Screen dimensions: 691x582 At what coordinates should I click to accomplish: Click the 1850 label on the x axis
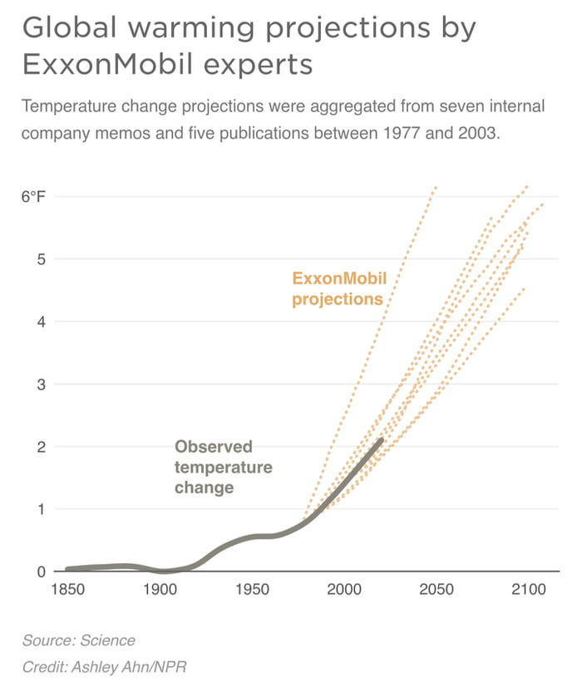pyautogui.click(x=67, y=590)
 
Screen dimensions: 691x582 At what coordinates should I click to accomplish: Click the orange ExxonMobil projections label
pyautogui.click(x=339, y=289)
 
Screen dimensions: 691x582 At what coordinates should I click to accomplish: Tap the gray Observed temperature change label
pyautogui.click(x=223, y=468)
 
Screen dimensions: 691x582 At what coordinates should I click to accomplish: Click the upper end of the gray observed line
pyautogui.click(x=382, y=439)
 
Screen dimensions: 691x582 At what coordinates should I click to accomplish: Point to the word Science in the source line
pyautogui.click(x=106, y=640)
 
